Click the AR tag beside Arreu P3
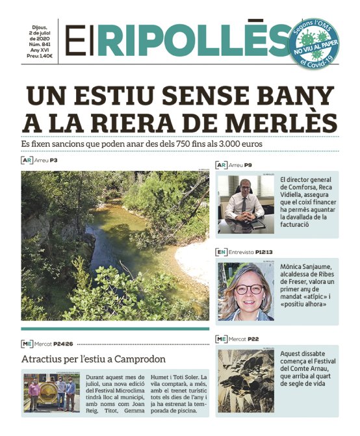[27, 160]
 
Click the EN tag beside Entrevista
[222, 251]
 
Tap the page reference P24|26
[68, 343]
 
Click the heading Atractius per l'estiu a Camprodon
[94, 359]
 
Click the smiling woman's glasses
[248, 289]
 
